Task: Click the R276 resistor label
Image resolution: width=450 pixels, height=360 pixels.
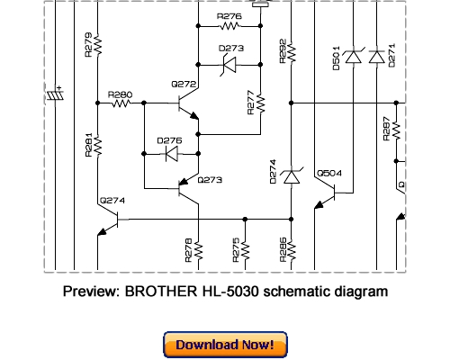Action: [x=229, y=16]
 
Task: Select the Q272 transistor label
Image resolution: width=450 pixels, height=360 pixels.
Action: [x=184, y=85]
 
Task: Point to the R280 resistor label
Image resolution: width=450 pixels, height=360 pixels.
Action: [x=119, y=94]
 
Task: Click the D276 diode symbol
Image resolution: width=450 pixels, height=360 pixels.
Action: [x=169, y=154]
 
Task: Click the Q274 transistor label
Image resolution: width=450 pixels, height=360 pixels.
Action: [x=112, y=200]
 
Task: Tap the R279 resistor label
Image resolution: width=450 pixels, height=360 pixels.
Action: [x=87, y=45]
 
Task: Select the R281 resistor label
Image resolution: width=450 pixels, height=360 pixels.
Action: [x=88, y=145]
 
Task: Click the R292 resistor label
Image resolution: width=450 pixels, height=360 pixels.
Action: [x=283, y=49]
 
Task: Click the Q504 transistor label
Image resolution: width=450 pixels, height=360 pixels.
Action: [x=329, y=173]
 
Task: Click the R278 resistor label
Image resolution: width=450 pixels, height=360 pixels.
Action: [x=188, y=249]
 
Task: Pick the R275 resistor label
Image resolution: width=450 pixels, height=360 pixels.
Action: [x=237, y=249]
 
